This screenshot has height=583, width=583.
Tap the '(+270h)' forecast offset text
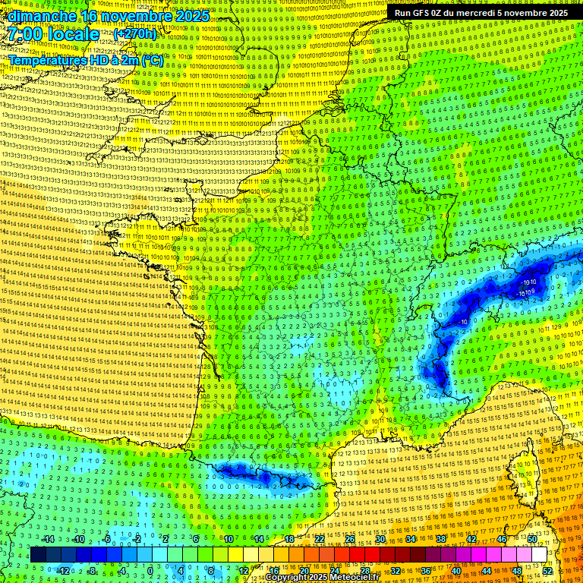pyautogui.click(x=134, y=34)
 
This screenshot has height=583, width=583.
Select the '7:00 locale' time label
pyautogui.click(x=54, y=34)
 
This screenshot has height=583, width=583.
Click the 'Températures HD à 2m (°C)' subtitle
pyautogui.click(x=85, y=59)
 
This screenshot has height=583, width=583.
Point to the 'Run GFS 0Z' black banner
pyautogui.click(x=481, y=13)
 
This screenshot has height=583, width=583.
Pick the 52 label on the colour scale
pyautogui.click(x=547, y=570)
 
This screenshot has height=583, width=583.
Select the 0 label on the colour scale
pyautogui.click(x=150, y=570)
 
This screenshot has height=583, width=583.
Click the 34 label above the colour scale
pyautogui.click(x=410, y=539)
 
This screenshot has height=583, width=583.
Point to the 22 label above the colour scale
pyautogui.click(x=320, y=539)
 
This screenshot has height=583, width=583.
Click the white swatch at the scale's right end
pyautogui.click(x=539, y=555)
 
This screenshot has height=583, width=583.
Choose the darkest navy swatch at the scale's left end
pyautogui.click(x=37, y=555)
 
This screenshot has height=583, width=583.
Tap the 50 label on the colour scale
pyautogui.click(x=532, y=539)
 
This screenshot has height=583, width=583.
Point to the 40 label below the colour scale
pyautogui.click(x=456, y=570)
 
